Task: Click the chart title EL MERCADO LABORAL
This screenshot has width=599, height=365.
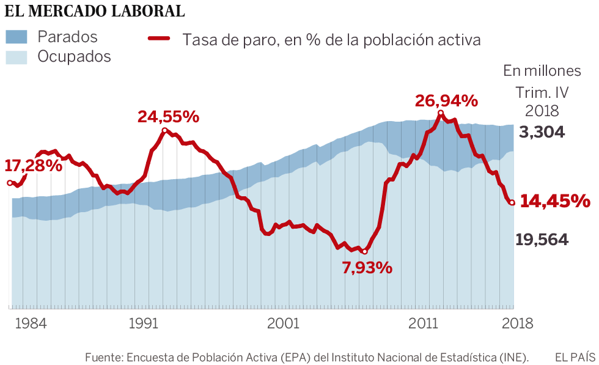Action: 95,12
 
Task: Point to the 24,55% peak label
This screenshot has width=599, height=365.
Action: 168,116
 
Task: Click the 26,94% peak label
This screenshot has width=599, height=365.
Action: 446,101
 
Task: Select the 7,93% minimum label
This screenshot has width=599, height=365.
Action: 367,267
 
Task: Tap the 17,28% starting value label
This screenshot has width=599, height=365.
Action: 34,165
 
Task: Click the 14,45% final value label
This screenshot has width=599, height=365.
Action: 554,201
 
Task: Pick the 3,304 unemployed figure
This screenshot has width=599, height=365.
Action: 542,133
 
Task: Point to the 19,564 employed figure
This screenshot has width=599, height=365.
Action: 542,240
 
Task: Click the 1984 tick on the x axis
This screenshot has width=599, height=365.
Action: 31,323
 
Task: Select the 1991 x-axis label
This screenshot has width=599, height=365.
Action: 144,323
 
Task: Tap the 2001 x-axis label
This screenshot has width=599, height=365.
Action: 284,323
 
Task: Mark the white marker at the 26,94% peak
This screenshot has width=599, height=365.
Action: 440,113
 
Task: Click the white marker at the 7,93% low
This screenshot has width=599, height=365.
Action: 364,251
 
